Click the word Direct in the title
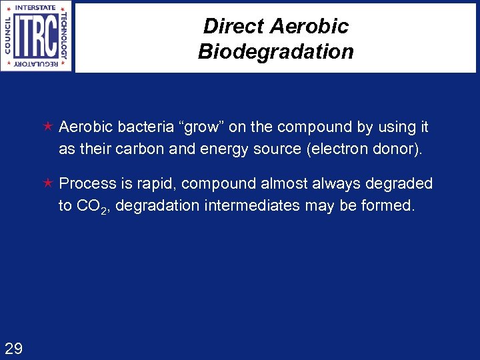[228, 27]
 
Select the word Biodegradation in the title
[275, 51]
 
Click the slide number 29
[13, 347]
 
